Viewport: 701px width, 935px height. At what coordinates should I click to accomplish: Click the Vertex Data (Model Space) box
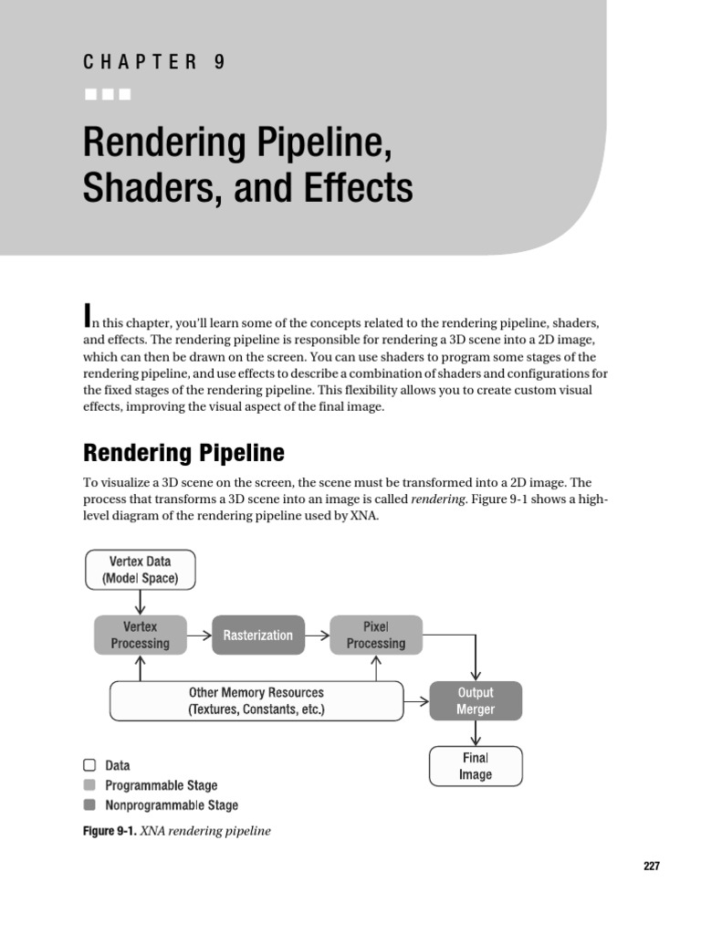pos(140,569)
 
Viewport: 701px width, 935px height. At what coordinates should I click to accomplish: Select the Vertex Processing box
pos(140,635)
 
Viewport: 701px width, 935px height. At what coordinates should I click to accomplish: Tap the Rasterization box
pos(258,635)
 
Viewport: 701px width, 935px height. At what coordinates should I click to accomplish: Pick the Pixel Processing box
pos(376,635)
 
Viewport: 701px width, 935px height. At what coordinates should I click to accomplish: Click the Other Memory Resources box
pos(256,700)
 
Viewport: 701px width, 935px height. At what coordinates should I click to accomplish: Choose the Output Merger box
pos(476,700)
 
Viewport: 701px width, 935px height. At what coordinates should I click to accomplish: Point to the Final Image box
pos(476,766)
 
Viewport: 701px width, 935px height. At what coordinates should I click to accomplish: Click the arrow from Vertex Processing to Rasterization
pos(199,635)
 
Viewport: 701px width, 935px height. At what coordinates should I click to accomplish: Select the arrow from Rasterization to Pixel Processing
pos(318,635)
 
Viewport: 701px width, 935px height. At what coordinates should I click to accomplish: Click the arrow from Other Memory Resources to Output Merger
pos(416,701)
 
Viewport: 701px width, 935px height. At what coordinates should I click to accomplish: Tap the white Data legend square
pos(89,765)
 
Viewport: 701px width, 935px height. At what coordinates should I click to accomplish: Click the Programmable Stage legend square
pos(89,785)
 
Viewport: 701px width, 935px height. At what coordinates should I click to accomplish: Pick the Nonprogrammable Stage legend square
pos(89,805)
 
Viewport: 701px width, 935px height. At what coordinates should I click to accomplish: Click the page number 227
pos(650,867)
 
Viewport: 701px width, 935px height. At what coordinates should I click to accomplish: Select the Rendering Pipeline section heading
pos(183,453)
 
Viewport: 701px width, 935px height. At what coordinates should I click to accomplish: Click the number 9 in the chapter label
pos(219,62)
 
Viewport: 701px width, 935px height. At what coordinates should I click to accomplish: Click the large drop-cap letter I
pos(89,316)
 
